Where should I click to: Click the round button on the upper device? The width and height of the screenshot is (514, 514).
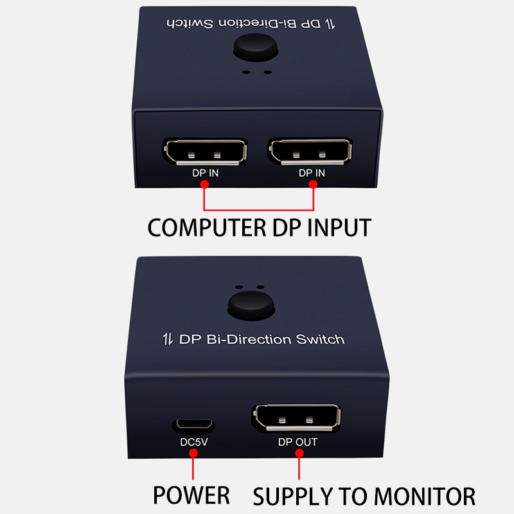coord(256,48)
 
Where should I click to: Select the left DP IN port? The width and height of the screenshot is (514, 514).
coord(205,151)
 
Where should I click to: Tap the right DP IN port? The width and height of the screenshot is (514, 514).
coord(312,151)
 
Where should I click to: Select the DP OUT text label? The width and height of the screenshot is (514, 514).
coord(297,442)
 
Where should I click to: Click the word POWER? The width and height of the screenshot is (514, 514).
coord(191,495)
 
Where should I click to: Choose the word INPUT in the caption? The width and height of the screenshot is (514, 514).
coord(335,227)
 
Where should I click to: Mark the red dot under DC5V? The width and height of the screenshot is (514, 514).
coord(193,454)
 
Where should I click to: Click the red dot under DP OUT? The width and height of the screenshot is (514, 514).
coord(299,454)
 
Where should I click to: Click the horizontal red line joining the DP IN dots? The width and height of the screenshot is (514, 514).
coord(259,209)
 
